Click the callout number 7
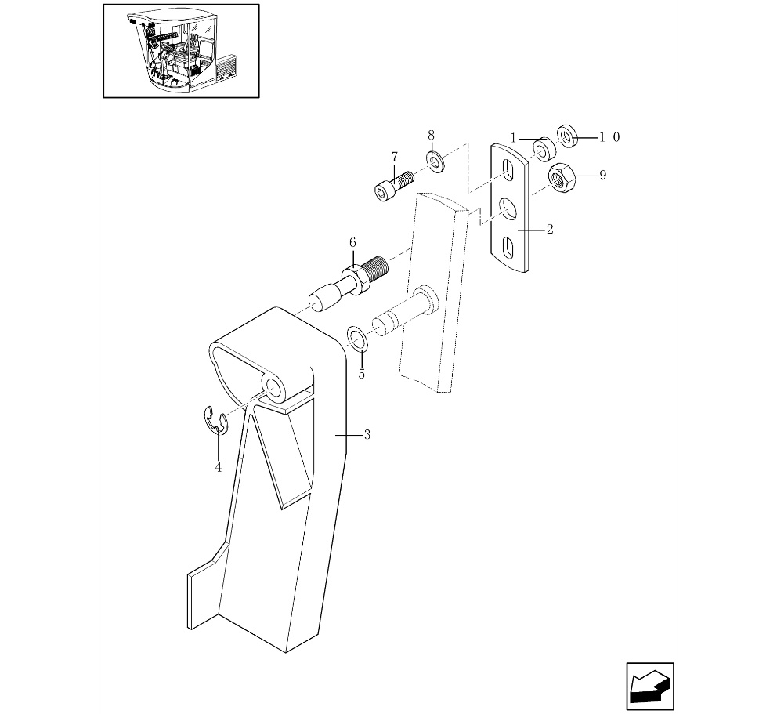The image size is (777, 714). coord(395,158)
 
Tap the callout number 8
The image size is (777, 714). coord(431,135)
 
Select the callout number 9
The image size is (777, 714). coord(602,175)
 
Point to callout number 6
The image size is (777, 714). coord(352,242)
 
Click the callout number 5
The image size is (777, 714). coord(362,374)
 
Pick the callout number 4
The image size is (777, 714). coord(219,467)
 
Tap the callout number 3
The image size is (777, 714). coord(367,435)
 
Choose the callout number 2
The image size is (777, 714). coord(550,229)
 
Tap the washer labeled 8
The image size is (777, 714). coord(435,161)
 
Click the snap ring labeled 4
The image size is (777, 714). coord(215,421)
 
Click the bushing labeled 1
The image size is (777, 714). coord(544,148)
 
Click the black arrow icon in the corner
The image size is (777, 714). coord(649,686)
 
